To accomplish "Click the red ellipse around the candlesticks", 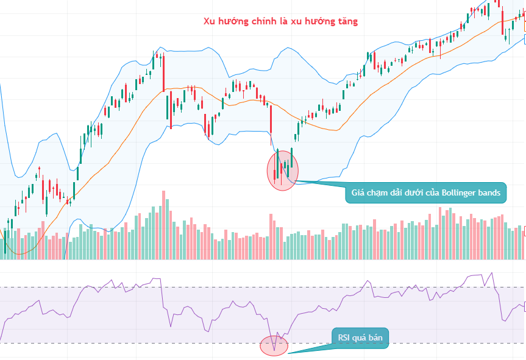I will (x=283, y=170).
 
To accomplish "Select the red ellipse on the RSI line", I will (x=274, y=345).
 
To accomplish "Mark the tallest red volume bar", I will (x=163, y=225).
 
